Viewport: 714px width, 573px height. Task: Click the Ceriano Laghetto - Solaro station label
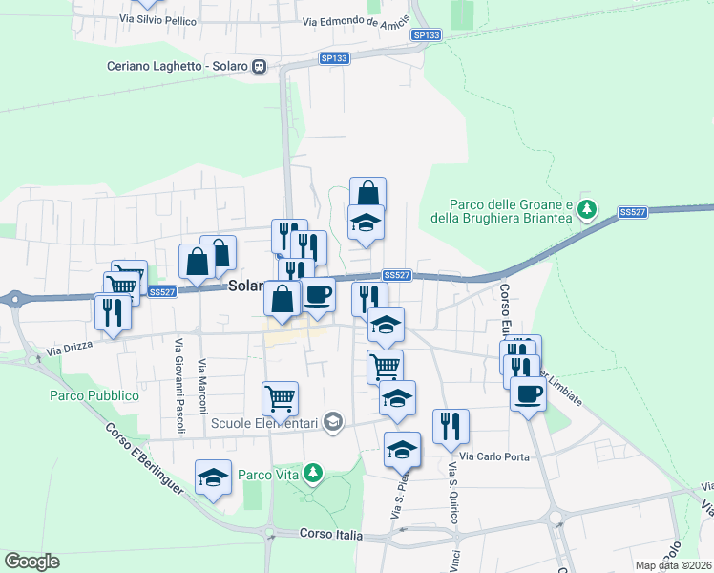tap(177, 67)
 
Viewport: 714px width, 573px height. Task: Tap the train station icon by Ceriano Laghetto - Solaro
tap(259, 67)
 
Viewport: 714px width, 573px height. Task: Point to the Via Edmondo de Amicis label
tap(356, 21)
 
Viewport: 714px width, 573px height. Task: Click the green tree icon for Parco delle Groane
tap(589, 207)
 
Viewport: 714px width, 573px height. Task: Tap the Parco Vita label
tap(268, 475)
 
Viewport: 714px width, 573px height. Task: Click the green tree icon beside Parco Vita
tap(311, 473)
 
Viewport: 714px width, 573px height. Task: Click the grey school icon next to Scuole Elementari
tap(333, 421)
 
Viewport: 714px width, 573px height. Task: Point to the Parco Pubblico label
tap(94, 395)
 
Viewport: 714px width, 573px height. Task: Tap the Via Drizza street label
tap(71, 350)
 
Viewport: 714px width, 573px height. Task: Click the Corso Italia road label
tap(330, 535)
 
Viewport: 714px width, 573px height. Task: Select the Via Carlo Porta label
tap(494, 456)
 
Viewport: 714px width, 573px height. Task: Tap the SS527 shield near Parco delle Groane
tap(631, 212)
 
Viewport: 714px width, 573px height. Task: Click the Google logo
tap(31, 562)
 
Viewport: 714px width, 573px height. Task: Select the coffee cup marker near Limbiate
tap(528, 393)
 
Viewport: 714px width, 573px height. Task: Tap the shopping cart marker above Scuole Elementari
tap(280, 396)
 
